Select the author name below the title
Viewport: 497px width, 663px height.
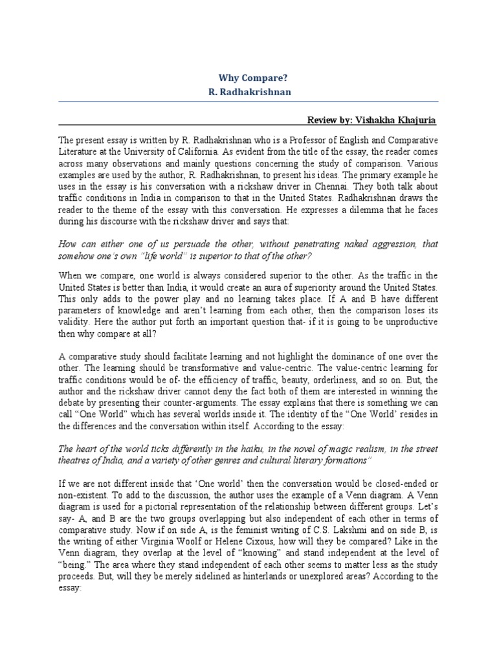249,92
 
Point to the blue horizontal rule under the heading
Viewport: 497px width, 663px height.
249,102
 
